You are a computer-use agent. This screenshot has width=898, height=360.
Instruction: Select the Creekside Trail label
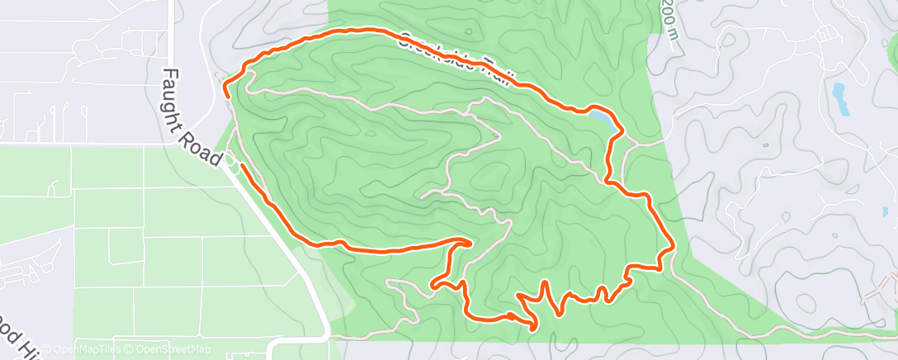click(x=459, y=58)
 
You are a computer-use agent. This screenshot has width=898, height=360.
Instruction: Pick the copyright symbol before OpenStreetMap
click(x=124, y=350)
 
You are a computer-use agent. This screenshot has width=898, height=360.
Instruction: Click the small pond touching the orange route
click(x=601, y=120)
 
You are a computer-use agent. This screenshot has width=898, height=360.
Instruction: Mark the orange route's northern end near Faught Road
click(x=226, y=97)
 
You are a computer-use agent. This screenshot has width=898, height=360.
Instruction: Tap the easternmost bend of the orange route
click(x=673, y=245)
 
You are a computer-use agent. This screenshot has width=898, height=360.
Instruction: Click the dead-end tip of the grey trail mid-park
click(x=422, y=197)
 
